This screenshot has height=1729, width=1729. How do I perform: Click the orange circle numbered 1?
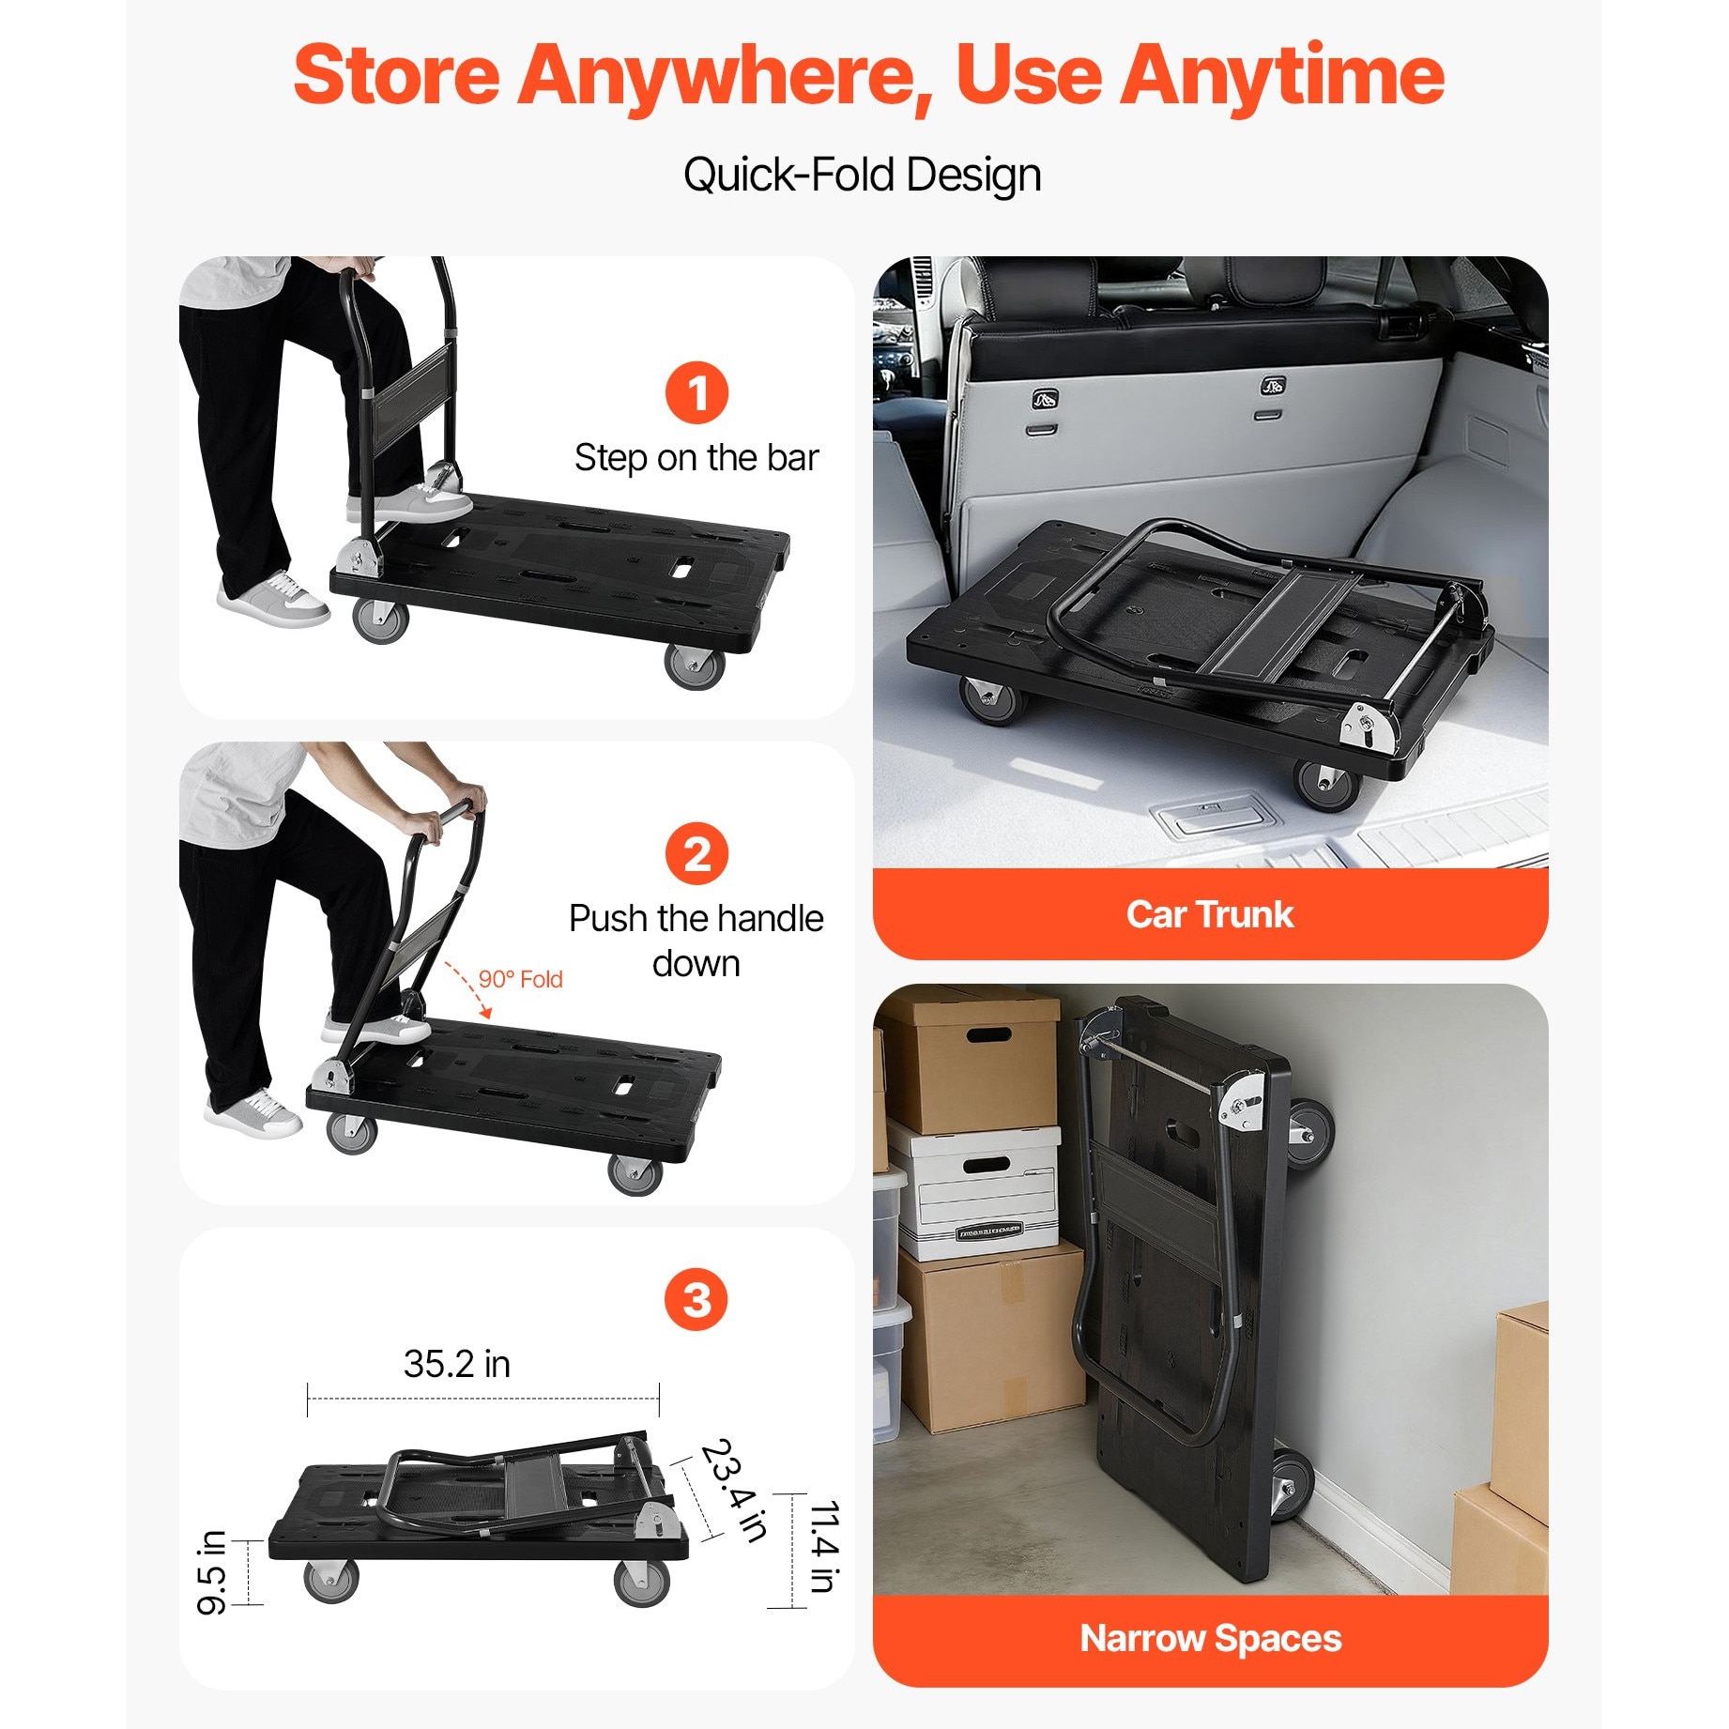pos(696,392)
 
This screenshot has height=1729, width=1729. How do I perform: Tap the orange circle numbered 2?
pos(696,853)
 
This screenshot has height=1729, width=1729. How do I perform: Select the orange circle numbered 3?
pos(696,1299)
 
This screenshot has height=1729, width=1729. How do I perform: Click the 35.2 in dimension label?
pos(457,1364)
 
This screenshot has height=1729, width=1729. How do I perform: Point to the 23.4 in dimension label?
pos(735,1489)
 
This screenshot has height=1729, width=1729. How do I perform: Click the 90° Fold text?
pos(520,979)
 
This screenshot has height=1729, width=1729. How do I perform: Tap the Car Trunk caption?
pos(1210,914)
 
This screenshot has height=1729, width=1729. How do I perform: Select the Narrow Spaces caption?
pos(1211,1638)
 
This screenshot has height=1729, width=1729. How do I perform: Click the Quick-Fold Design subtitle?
pos(863,175)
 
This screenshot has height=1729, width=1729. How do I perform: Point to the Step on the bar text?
pos(696,458)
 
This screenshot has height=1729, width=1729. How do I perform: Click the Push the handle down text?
pos(696,941)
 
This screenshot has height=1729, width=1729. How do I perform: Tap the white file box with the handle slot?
pos(976,1193)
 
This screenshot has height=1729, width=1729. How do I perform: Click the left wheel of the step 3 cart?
pos(331,1581)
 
